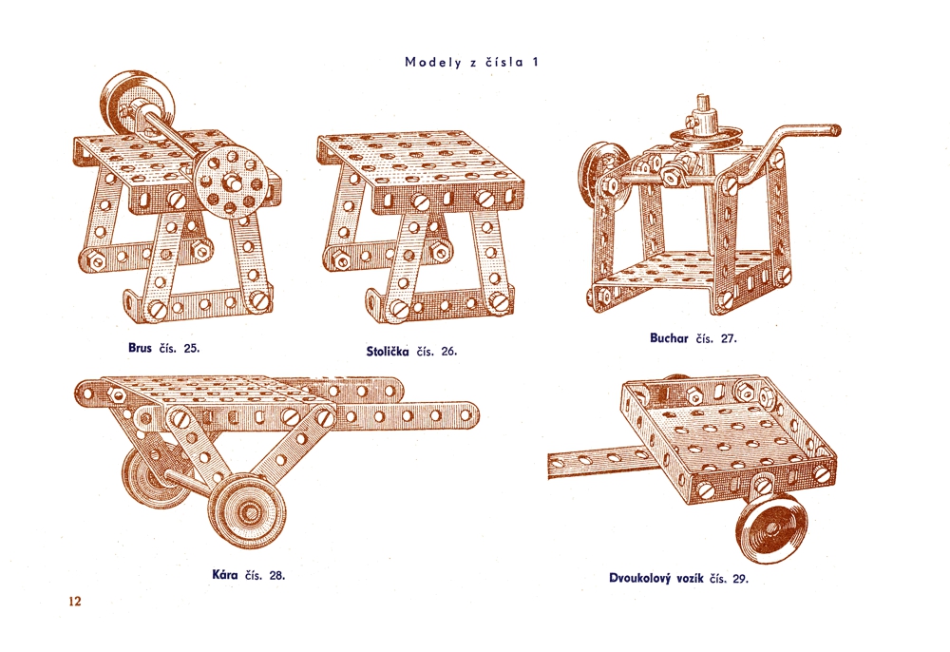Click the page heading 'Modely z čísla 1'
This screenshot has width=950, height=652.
(471, 62)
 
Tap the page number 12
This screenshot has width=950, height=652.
(74, 601)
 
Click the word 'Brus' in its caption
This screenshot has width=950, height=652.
(140, 348)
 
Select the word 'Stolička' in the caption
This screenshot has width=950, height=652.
(388, 352)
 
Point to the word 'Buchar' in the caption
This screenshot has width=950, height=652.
(669, 338)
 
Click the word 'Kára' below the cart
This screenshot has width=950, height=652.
(225, 574)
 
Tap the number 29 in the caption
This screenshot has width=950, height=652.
(740, 579)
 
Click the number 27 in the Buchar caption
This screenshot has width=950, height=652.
(729, 338)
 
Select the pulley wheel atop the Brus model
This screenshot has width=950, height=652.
(130, 105)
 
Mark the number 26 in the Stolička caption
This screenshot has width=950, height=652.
(449, 352)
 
